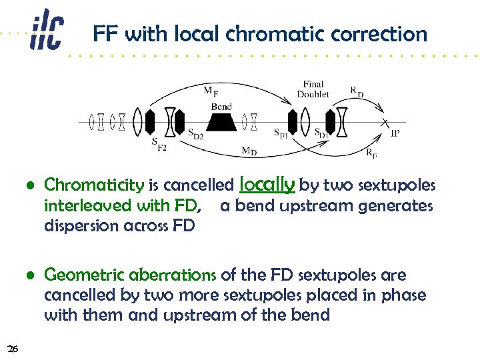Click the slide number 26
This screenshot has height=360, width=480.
pos(12,348)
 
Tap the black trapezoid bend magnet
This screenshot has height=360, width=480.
pos(221,122)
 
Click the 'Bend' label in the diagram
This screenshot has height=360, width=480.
pos(221,107)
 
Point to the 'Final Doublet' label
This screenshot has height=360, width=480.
pos(313,89)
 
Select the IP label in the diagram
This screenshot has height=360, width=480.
pos(395,133)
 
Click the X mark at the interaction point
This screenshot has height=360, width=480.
pos(384,123)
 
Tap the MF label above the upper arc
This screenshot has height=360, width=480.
pos(210,92)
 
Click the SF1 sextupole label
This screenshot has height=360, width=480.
pos(281,133)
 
